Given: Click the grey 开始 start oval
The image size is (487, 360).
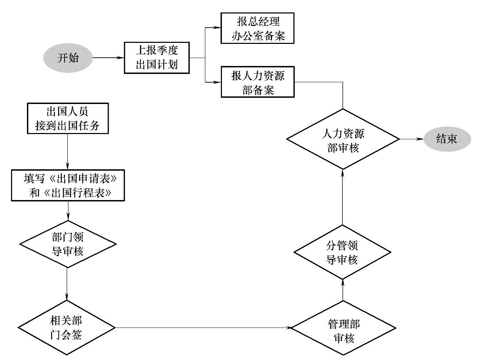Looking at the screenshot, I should [x=68, y=58].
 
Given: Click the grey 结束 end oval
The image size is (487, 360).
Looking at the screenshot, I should [x=447, y=139].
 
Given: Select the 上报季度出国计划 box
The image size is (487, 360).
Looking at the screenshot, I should [x=157, y=58].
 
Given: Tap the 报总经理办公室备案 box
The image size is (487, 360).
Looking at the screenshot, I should [x=257, y=28].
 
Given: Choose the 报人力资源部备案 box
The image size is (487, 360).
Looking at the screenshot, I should [x=257, y=82].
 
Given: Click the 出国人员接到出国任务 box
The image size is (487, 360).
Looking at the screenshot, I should [x=68, y=118].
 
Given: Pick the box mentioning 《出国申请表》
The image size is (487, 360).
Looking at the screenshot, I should [x=68, y=185].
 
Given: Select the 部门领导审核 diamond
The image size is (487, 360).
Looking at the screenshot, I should [x=68, y=244].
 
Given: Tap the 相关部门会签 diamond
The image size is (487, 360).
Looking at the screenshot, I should [x=66, y=327].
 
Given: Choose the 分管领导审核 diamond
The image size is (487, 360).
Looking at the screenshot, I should [x=342, y=252].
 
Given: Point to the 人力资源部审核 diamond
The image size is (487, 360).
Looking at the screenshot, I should [x=343, y=139].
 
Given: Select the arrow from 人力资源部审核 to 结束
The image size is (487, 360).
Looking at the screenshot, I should [x=411, y=139].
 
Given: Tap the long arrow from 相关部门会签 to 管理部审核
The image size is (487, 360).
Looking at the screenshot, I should [x=203, y=328].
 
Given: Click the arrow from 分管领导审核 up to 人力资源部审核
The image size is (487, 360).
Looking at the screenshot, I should [x=342, y=197].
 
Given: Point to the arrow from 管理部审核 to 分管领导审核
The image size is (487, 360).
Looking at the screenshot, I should [x=343, y=290].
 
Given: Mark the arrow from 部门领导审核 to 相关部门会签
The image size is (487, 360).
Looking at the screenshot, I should [x=67, y=284].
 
